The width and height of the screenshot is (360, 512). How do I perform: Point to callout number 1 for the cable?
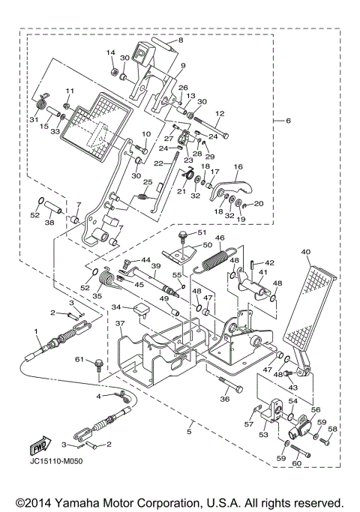[35, 331]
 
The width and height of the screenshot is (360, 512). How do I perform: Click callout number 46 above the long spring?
[220, 239]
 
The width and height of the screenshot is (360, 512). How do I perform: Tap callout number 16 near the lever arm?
[237, 168]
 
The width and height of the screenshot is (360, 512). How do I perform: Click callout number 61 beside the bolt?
[77, 360]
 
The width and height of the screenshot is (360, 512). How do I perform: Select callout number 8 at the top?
[179, 41]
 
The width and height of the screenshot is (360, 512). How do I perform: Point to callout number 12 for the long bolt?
[220, 113]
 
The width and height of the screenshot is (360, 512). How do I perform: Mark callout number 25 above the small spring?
[148, 182]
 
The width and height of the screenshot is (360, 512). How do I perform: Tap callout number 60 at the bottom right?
[296, 464]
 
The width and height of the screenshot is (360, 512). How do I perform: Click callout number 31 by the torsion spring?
[33, 120]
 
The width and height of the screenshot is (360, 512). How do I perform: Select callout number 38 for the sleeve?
[49, 223]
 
